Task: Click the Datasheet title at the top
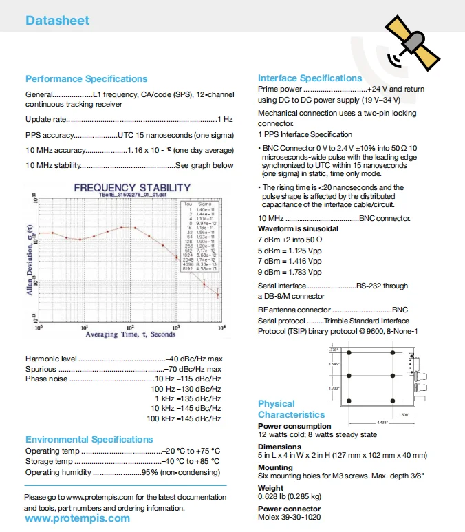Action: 58,21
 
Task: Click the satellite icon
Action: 413,43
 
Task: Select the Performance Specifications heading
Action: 86,78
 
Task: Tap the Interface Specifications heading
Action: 310,78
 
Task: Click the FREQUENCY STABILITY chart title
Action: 132,187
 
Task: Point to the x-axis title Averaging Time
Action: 130,334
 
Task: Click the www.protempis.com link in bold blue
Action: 77,518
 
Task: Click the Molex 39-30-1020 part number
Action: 289,517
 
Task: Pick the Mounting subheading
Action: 275,467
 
